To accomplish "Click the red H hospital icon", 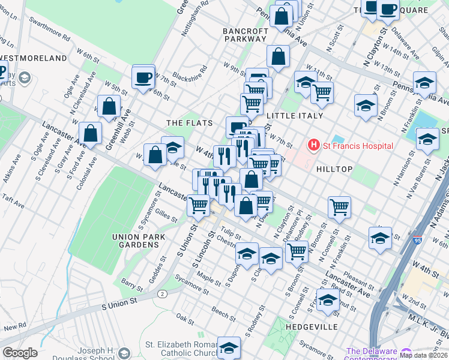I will click(313, 145).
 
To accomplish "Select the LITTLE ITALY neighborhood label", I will click(295, 116).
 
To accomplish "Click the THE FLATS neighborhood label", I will click(190, 123).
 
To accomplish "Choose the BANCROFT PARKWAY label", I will click(245, 35).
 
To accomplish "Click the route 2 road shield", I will click(162, 293).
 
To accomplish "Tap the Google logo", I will click(20, 353).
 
